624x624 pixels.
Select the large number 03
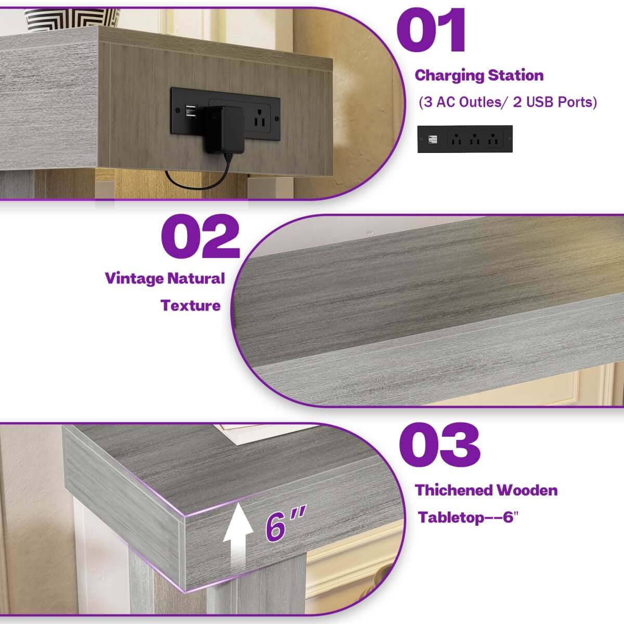439,445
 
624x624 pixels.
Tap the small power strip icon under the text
465,139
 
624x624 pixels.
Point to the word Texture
190,305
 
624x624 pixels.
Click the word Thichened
453,490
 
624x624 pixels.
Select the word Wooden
527,490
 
